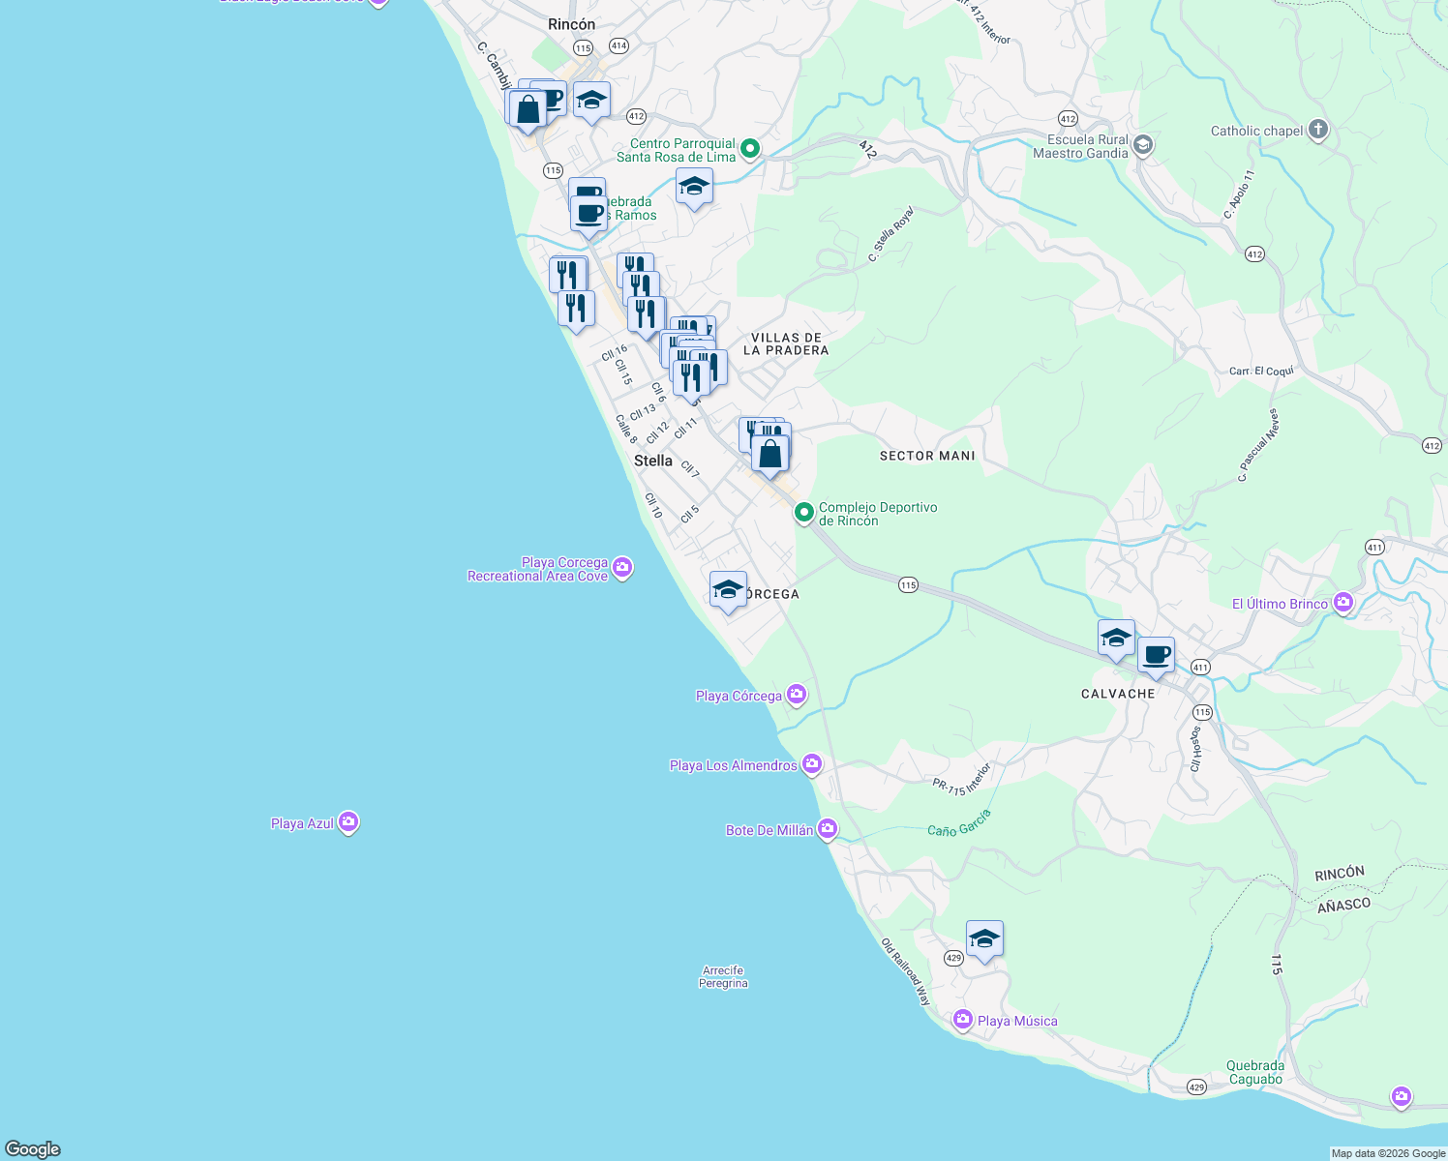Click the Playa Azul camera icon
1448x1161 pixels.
348,822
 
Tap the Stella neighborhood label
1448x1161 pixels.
652,461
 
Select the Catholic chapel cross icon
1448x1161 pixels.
1317,130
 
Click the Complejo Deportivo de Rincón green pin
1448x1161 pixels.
803,512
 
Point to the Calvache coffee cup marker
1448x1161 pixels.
1156,655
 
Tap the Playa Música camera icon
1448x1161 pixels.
962,1020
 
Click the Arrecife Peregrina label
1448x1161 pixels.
723,976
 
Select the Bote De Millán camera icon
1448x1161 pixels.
827,829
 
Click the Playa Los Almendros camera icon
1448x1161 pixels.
812,764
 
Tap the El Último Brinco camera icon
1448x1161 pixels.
1342,603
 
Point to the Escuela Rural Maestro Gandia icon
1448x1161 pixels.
1142,145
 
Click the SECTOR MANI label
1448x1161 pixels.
926,455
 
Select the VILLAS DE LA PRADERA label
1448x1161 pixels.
786,344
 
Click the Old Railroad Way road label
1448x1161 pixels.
906,971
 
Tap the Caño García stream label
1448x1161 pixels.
958,823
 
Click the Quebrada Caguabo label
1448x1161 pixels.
1255,1072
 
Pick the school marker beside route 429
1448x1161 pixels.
984,938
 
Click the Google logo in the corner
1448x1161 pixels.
33,1148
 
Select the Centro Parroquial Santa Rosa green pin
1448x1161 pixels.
750,149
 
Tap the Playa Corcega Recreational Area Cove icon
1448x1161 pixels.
622,568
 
